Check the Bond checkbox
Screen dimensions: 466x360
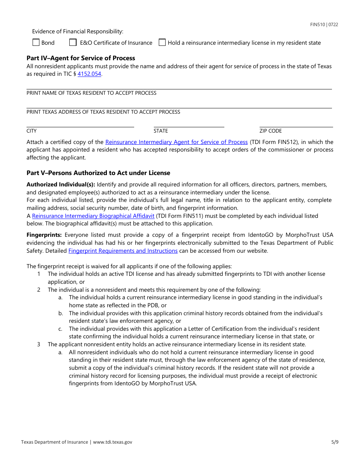(x=36, y=43)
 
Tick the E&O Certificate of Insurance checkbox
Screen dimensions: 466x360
(x=73, y=43)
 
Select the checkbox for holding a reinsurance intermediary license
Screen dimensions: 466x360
(x=162, y=43)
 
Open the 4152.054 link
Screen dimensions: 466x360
(x=89, y=74)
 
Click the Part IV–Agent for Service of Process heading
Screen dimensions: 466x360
(x=81, y=58)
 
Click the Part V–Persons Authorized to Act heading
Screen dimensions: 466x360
(x=98, y=173)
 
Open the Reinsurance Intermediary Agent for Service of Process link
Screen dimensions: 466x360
(x=176, y=142)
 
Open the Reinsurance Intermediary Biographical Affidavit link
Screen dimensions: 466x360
(x=93, y=216)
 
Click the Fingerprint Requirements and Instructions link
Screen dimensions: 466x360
(x=123, y=251)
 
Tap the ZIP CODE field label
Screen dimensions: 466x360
(x=271, y=131)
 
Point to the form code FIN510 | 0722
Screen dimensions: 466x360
(x=324, y=25)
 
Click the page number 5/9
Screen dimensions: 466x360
(x=334, y=442)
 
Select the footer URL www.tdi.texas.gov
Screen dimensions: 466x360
(x=113, y=442)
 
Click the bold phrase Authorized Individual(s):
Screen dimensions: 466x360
(x=61, y=185)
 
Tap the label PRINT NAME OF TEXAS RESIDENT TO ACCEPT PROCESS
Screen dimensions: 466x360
(x=91, y=93)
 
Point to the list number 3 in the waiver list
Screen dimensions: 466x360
(x=39, y=344)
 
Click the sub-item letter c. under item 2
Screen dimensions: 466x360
(x=60, y=329)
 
